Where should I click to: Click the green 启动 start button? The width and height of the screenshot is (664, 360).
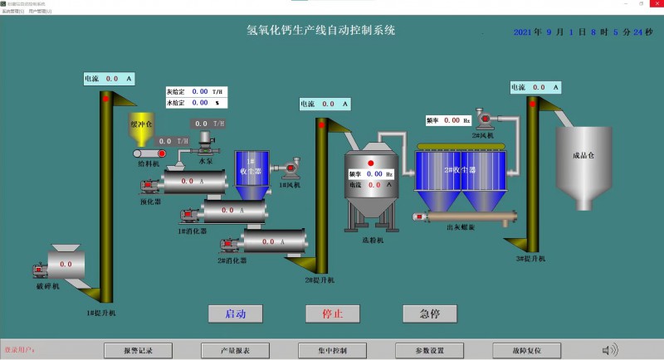point(236,314)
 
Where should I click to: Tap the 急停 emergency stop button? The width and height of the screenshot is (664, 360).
point(430,314)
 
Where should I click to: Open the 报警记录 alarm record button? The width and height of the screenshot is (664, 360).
point(138,351)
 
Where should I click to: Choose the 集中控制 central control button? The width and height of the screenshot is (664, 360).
point(332,351)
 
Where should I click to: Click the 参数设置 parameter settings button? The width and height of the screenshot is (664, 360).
point(429,351)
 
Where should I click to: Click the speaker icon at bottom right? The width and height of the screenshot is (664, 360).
point(610,350)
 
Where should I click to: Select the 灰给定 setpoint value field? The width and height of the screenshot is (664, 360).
point(200,91)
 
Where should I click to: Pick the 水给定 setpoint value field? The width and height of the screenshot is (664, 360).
point(200,103)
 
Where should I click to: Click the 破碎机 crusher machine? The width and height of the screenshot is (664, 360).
point(66,264)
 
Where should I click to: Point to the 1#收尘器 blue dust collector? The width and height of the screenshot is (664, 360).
point(250,172)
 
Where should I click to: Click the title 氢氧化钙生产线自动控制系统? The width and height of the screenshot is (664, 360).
point(321,31)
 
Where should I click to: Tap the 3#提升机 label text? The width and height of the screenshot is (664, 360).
point(531,259)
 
